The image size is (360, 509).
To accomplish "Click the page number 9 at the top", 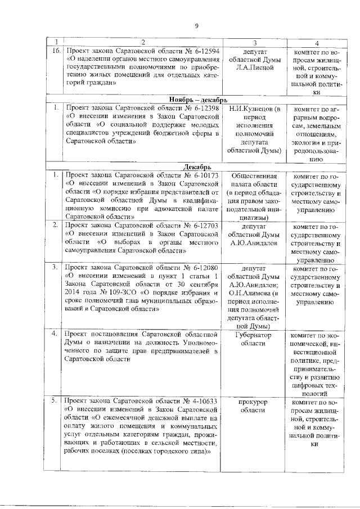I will [x=197, y=25].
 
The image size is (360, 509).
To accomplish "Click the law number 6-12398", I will [x=202, y=107].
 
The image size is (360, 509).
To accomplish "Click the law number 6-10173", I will [x=202, y=175].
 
